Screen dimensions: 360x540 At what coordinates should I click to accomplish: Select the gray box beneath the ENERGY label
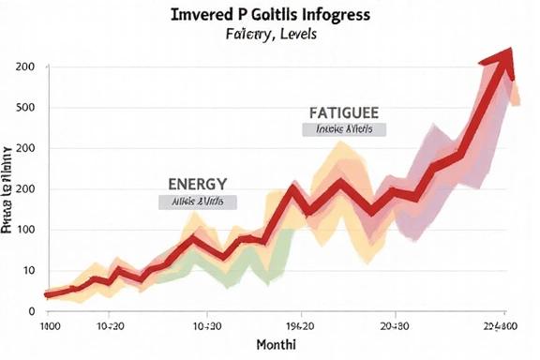pyautogui.click(x=197, y=202)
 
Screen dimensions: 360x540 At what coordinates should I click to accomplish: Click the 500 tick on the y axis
pyautogui.click(x=25, y=108)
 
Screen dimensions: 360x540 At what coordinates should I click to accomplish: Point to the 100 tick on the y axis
pyautogui.click(x=25, y=230)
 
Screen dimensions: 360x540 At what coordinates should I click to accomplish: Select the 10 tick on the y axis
pyautogui.click(x=28, y=270)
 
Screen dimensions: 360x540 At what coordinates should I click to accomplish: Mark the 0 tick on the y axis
pyautogui.click(x=31, y=310)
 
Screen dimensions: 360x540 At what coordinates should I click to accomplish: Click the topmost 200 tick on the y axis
pyautogui.click(x=25, y=67)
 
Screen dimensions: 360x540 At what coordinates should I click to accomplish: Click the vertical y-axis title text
pyautogui.click(x=8, y=187)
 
